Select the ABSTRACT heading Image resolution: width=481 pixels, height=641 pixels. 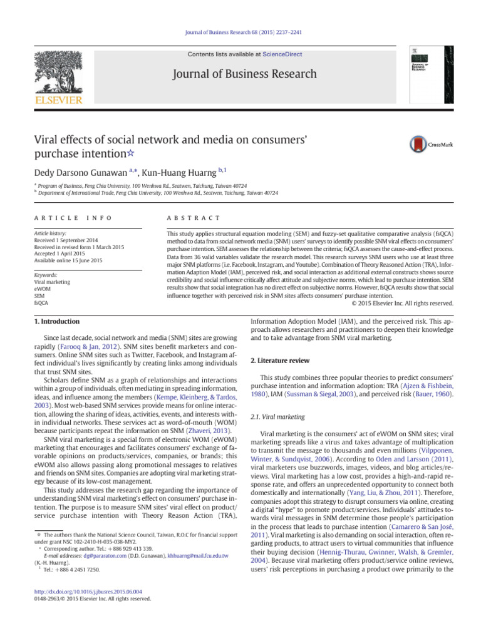coord(191,217)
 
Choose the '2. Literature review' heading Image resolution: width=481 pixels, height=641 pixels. coord(282,360)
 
